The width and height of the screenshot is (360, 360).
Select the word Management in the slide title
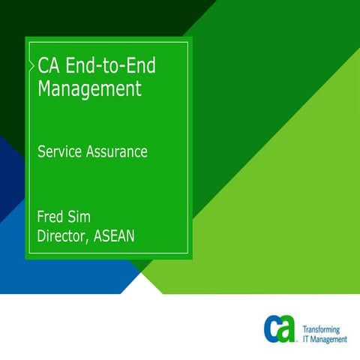[x=89, y=89]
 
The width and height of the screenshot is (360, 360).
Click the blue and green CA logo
[x=280, y=328]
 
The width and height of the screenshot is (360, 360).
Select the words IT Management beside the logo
[x=325, y=339]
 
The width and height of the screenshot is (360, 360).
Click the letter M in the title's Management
[x=44, y=89]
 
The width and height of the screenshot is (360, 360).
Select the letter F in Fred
[x=41, y=218]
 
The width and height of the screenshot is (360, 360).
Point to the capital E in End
[x=71, y=65]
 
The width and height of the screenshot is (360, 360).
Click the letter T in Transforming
[x=304, y=329]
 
